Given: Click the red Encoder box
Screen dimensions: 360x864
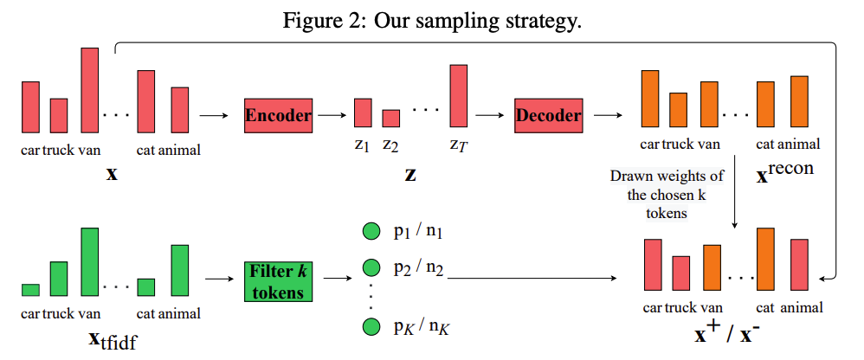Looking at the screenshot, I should pyautogui.click(x=278, y=114).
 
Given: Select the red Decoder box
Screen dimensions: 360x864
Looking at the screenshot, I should pyautogui.click(x=548, y=114).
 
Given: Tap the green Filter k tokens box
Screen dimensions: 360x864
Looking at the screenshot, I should pyautogui.click(x=277, y=280).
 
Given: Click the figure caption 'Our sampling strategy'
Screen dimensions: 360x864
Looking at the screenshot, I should pyautogui.click(x=433, y=20).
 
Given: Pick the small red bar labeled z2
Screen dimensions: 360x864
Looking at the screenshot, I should pyautogui.click(x=391, y=119).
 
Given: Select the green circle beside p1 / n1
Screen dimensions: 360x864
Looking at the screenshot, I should pyautogui.click(x=371, y=232).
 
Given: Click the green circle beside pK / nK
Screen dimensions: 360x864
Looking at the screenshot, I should pyautogui.click(x=371, y=327).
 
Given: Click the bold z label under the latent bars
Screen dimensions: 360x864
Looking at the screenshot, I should pyautogui.click(x=409, y=173).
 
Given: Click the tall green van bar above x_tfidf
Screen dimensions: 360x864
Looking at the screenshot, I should pyautogui.click(x=90, y=262).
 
